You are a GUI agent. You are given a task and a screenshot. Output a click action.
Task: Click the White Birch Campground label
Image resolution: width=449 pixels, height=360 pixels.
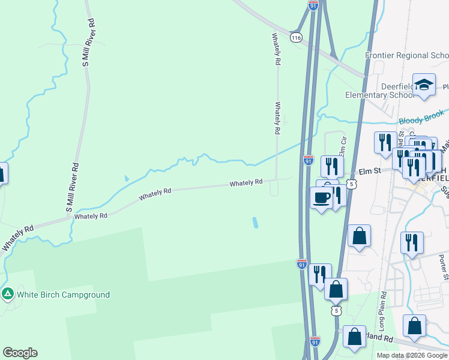[x=63, y=295]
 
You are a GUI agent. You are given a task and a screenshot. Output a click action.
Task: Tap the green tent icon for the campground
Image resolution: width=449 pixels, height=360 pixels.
[x=8, y=294]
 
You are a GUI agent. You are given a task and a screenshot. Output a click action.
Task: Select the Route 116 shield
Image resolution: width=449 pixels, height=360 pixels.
[x=295, y=37]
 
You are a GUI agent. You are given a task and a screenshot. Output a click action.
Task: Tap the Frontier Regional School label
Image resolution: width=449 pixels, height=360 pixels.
[x=407, y=56]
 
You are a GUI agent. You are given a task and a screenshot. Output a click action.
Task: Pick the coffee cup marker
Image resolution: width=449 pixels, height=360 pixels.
[x=322, y=198]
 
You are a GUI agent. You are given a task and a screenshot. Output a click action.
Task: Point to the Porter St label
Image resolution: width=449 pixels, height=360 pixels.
[x=442, y=267]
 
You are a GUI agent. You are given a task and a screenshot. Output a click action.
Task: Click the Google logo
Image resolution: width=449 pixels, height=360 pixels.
[x=20, y=353]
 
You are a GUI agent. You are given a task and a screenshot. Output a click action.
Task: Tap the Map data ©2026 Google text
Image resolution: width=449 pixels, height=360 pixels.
[x=411, y=355]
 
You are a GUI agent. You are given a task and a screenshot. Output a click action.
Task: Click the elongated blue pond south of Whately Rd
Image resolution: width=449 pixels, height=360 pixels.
[x=256, y=223]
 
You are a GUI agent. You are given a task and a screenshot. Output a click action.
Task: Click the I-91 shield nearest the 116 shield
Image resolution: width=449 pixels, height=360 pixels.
[x=313, y=4]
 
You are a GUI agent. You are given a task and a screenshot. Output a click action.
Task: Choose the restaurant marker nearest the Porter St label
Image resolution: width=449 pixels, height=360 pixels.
[x=411, y=243]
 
